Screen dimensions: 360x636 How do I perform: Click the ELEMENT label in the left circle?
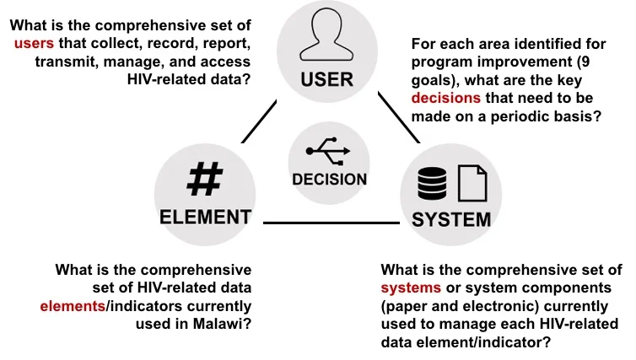[205, 217]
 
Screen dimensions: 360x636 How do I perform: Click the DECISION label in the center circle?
[329, 179]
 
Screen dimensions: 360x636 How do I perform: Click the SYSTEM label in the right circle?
[451, 221]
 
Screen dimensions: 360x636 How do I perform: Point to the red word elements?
[70, 306]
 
